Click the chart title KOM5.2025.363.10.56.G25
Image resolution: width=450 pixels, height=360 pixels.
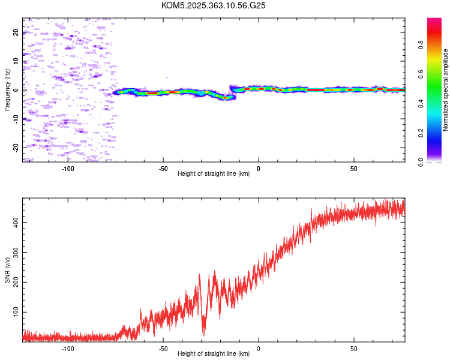coord(214,5)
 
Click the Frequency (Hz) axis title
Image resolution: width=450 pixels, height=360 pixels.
coord(7,90)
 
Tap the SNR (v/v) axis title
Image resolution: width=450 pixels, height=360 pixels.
coord(7,269)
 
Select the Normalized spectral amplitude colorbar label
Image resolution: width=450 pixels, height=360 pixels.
coord(446,90)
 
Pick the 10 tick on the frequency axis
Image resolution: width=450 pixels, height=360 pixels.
coord(16,61)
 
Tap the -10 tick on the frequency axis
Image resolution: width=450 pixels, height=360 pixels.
coord(16,119)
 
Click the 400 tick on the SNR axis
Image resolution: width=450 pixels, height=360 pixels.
coord(14,223)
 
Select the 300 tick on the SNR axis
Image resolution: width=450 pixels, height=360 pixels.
coord(14,252)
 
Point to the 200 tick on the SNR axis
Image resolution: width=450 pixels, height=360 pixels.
coord(14,282)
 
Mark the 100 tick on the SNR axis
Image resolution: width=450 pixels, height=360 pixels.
coord(14,312)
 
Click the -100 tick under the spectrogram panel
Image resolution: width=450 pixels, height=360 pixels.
coord(68,168)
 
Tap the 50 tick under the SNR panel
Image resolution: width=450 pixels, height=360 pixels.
coord(353,348)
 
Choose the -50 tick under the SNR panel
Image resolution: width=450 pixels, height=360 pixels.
coord(163,348)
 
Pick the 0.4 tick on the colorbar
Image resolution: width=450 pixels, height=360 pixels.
coord(421,103)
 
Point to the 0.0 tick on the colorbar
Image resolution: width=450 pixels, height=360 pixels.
coord(421,161)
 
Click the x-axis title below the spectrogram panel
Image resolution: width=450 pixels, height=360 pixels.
coord(214,173)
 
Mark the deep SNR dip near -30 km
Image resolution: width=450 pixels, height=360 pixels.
coord(203,333)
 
